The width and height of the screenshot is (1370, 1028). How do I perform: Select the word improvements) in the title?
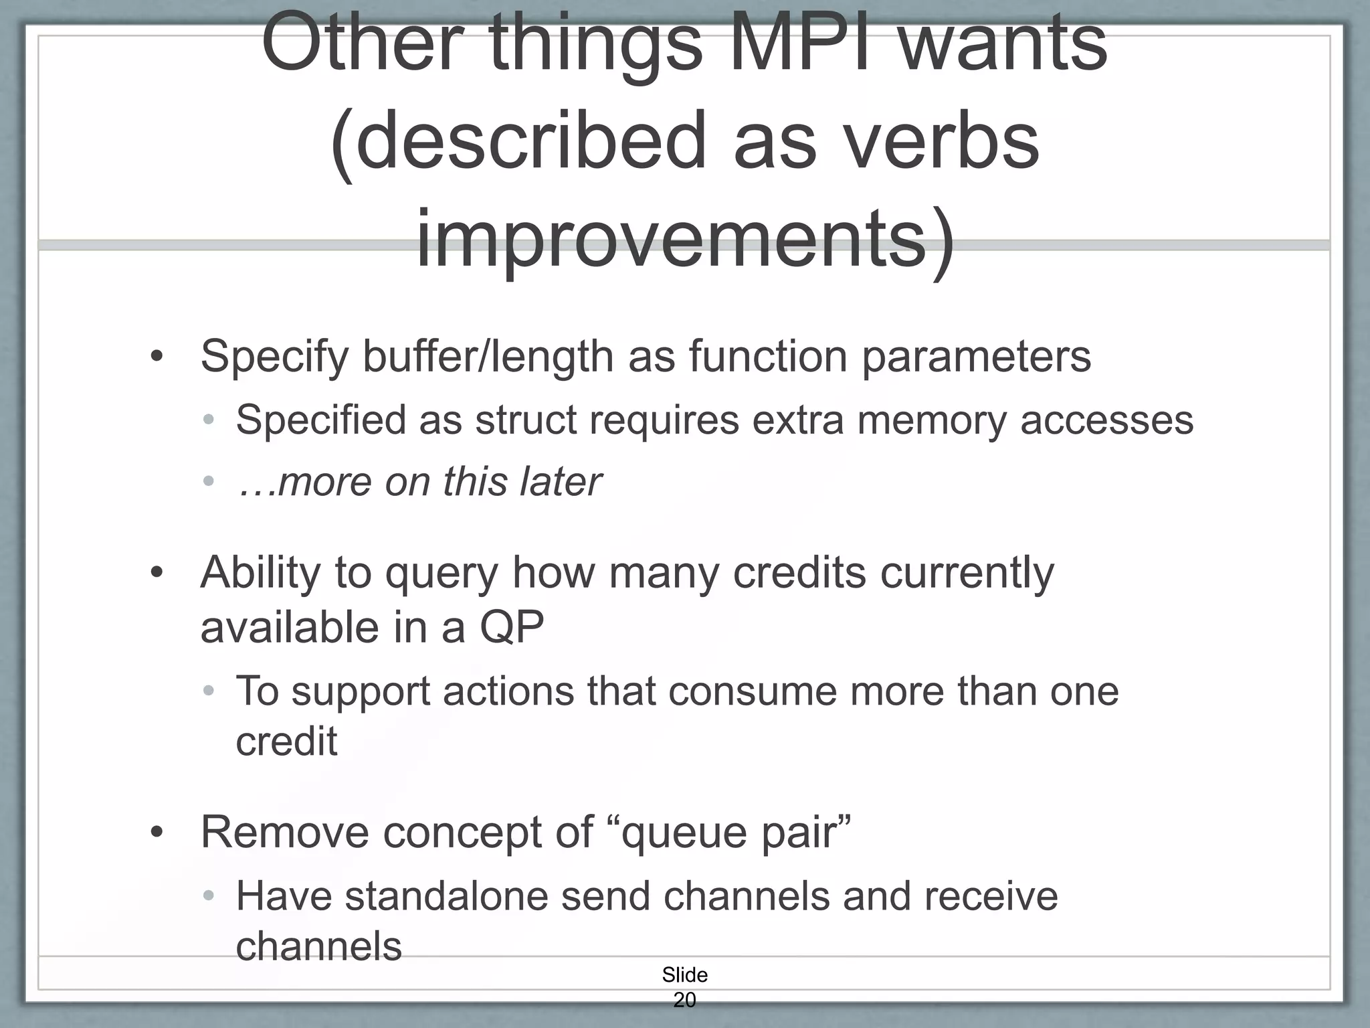pyautogui.click(x=685, y=240)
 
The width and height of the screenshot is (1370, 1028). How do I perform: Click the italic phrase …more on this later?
pyautogui.click(x=419, y=482)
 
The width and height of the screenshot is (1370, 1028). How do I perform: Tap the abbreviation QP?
pyautogui.click(x=512, y=628)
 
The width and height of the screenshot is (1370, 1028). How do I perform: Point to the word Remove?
pyautogui.click(x=284, y=833)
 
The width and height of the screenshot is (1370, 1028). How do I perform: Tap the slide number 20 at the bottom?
pyautogui.click(x=684, y=1000)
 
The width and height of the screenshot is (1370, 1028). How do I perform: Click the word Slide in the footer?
pyautogui.click(x=684, y=975)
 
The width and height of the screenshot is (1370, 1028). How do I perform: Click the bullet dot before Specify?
pyautogui.click(x=157, y=357)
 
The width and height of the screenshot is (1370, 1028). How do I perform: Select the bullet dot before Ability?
pyautogui.click(x=157, y=574)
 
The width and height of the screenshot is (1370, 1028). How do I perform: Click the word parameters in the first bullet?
pyautogui.click(x=976, y=357)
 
